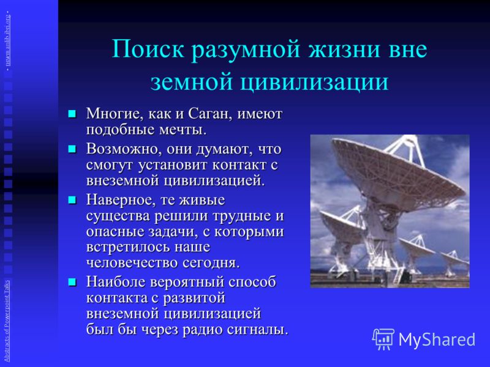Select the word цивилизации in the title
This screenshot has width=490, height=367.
tap(314, 82)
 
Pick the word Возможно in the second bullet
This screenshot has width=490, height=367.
tap(124, 149)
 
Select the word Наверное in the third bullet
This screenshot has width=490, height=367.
tap(121, 200)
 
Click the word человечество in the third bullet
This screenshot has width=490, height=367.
tap(132, 263)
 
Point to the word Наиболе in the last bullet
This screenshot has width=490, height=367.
tap(116, 282)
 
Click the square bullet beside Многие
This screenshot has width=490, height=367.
tap(72, 113)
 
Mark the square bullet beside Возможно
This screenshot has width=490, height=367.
tap(72, 149)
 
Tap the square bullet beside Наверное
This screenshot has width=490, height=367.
tap(72, 200)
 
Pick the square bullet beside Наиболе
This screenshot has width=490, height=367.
tap(72, 282)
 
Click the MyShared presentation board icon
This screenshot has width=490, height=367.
tap(383, 339)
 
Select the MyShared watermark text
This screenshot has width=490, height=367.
tap(437, 339)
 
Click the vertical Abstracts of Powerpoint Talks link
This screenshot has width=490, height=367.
tap(7, 321)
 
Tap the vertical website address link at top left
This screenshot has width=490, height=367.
tap(7, 39)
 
